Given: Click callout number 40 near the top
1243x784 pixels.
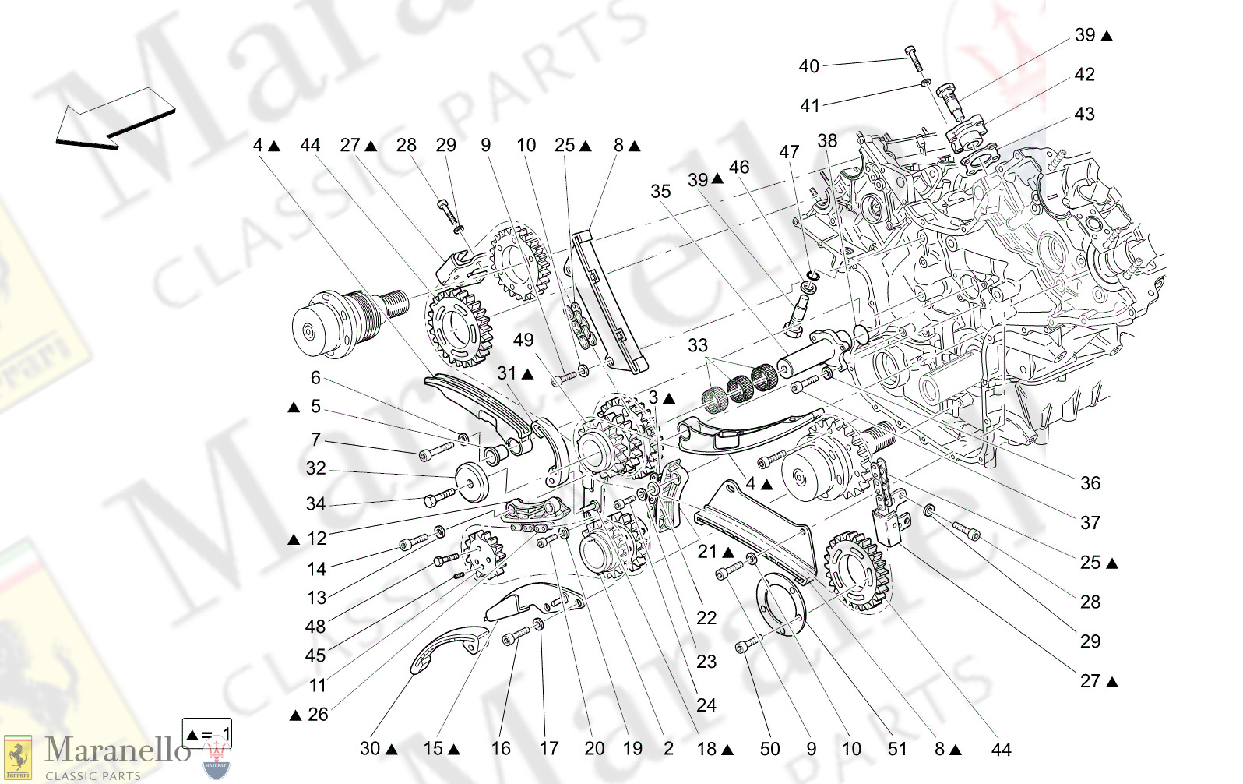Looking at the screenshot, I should coord(808,66).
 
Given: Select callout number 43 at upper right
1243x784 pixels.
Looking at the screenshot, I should coord(1084,115).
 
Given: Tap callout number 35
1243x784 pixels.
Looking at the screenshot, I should coord(660,192).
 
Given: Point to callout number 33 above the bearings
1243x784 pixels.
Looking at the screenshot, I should coord(698,345).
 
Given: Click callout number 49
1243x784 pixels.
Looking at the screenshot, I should coord(523,340).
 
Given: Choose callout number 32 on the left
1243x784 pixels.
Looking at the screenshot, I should coord(315,468).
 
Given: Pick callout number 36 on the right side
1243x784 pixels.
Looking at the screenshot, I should coord(1090,483).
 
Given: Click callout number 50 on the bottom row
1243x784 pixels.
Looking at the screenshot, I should coord(769,749).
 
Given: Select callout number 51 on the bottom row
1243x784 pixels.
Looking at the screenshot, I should coord(897,749).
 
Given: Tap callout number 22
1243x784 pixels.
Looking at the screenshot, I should coord(706,618).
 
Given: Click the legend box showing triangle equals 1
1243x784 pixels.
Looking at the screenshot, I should coord(206,733).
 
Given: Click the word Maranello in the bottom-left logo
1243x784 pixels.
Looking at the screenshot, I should coord(117,750).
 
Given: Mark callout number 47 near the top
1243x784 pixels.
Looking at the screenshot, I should coord(789,152).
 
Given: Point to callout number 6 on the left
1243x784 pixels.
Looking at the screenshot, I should coord(315,378).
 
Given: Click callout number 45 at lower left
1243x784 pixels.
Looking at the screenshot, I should coord(315,655).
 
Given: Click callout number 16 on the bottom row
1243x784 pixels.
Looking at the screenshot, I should coord(501,749).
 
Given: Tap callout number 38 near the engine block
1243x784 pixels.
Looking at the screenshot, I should coord(827,141).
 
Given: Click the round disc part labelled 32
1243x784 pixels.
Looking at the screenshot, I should coord(472,482).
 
